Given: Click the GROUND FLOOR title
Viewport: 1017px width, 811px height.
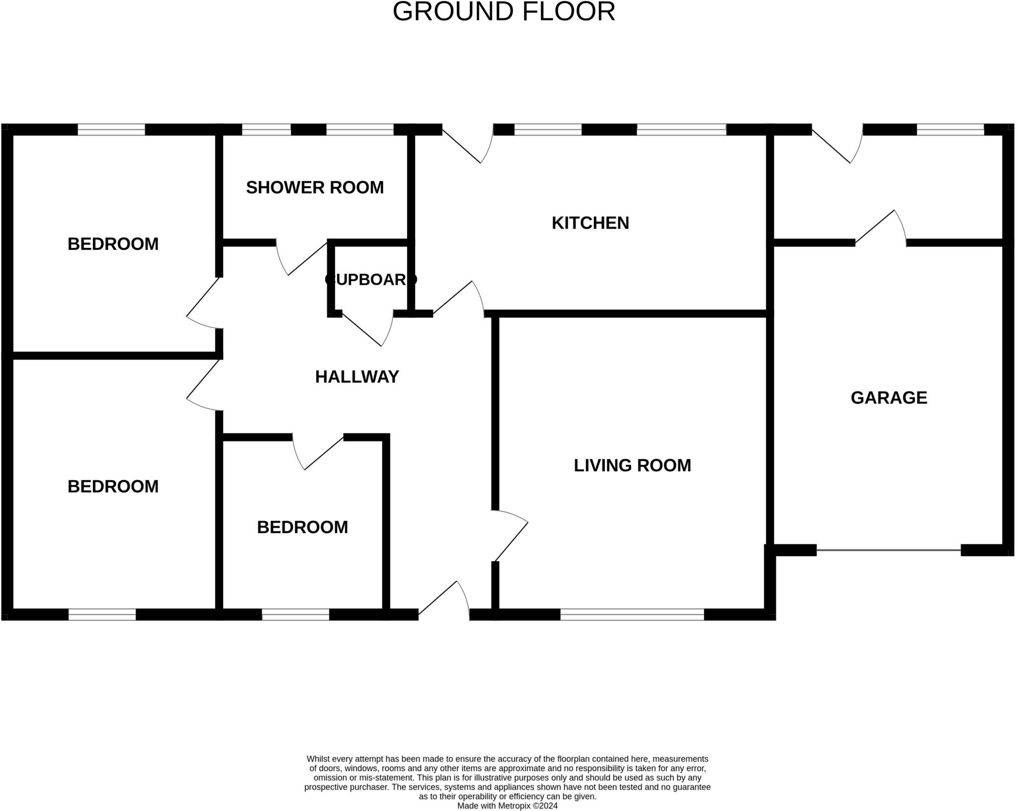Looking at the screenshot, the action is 504,11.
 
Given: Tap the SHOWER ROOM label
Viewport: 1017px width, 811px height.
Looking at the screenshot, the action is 315,187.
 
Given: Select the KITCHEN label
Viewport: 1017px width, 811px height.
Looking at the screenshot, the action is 590,223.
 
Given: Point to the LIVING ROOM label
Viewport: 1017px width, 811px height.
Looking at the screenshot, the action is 632,465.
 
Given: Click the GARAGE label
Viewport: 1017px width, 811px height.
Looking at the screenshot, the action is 889,398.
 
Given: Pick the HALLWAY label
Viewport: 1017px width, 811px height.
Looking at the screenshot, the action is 357,377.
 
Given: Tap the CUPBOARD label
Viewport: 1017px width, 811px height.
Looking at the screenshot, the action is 370,280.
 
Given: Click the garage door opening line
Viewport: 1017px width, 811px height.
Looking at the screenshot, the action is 888,550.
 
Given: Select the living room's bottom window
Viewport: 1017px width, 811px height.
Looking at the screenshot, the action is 632,614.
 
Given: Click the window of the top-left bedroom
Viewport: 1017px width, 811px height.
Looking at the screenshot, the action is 111,130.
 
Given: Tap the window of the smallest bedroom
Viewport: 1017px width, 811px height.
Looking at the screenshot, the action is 295,614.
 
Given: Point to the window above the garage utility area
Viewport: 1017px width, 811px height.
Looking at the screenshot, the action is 950,130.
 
